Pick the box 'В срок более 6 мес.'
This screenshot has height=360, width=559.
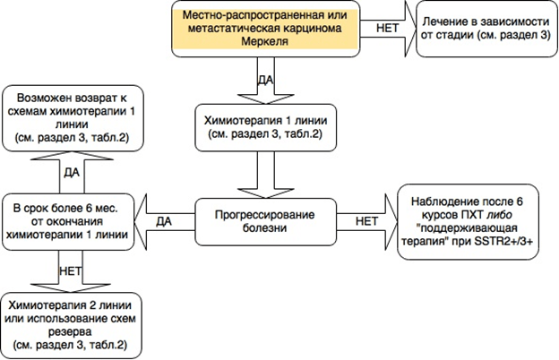(x=69, y=219)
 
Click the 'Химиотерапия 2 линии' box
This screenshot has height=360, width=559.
(x=70, y=321)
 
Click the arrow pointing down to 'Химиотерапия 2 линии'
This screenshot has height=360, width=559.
(x=70, y=270)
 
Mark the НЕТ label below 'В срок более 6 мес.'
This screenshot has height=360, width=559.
(x=70, y=268)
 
